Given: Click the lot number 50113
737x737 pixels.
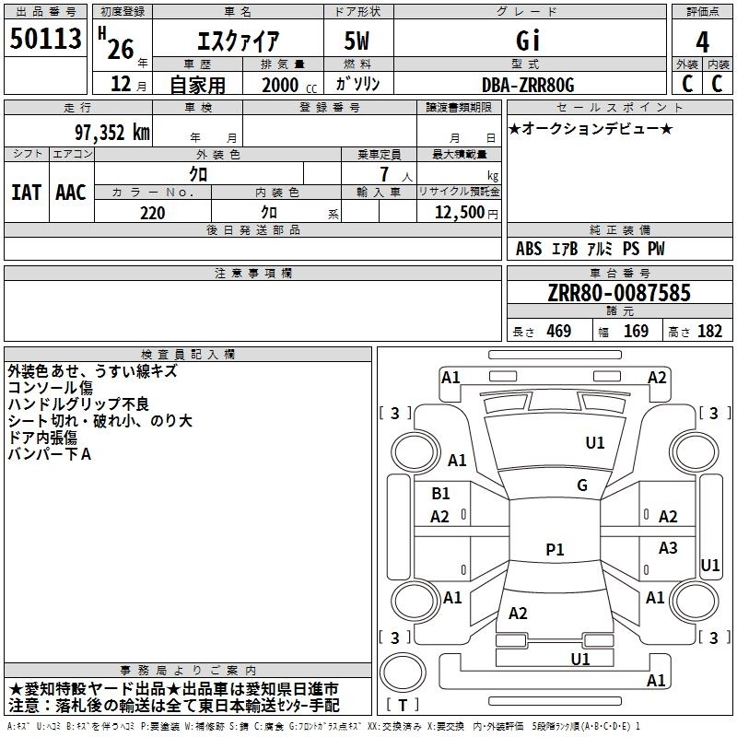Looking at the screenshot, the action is tap(45, 39).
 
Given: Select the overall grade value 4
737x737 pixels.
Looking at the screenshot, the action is tap(702, 42).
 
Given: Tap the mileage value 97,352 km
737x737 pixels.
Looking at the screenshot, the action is tap(112, 133).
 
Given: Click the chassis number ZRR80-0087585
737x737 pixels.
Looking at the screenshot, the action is tap(619, 293).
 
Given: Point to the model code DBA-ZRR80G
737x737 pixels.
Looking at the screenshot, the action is tap(528, 85).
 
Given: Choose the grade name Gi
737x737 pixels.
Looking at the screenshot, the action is tap(528, 41).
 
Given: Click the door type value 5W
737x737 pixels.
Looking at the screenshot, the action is tap(357, 41).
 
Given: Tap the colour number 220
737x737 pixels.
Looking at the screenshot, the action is tap(152, 214).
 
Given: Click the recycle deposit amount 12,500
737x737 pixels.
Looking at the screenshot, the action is tap(460, 213).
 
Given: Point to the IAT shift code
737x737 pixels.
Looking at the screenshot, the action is tap(27, 193).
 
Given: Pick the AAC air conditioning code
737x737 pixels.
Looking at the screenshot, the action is tap(71, 193).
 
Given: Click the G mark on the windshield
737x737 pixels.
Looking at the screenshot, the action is tap(582, 485).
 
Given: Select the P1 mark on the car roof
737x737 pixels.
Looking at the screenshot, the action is tap(555, 549).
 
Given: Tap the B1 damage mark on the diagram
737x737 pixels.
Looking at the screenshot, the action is tap(440, 494).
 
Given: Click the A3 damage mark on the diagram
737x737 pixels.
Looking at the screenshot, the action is tap(668, 547).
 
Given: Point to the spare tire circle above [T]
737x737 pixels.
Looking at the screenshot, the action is tap(403, 673).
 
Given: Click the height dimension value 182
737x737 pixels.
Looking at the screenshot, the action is tap(709, 332).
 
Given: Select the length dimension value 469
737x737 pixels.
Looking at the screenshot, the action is tap(559, 332).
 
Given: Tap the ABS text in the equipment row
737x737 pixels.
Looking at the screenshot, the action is tap(529, 249).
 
